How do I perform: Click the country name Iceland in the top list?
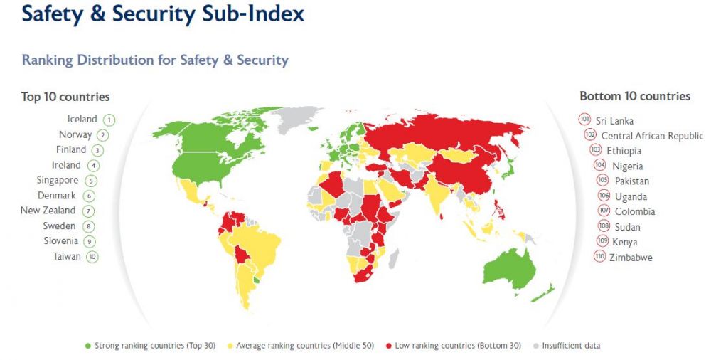[82, 120]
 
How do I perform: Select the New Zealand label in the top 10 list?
[48, 211]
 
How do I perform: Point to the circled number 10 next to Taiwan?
[92, 257]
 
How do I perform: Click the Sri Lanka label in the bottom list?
[615, 121]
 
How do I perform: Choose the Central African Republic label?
[652, 136]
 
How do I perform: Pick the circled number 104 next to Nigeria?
[600, 166]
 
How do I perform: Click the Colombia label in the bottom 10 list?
[635, 211]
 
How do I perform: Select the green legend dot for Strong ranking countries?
[88, 346]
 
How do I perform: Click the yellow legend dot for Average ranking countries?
[230, 346]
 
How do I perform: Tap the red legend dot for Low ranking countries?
[388, 346]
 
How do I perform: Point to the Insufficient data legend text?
[571, 346]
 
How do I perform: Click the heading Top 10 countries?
[65, 97]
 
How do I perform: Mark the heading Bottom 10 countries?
[634, 96]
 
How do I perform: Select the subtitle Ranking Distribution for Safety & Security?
[155, 60]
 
